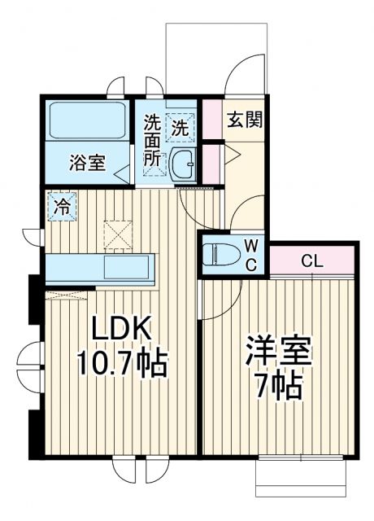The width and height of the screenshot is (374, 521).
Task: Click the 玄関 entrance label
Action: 244,120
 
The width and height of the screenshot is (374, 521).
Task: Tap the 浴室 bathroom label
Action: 86,162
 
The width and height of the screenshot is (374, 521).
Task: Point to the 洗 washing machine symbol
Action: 180,126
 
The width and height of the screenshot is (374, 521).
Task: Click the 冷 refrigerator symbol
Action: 62,205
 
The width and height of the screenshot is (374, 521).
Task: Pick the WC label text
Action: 251,254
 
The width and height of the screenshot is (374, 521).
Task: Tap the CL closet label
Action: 311,261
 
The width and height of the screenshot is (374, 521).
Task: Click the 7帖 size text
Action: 277,385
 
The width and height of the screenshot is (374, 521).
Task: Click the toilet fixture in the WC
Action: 220,255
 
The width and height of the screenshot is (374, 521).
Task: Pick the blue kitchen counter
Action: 101,267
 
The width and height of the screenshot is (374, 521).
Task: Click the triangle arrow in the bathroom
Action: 122,172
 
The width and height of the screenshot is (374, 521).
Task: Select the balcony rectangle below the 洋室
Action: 302,478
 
